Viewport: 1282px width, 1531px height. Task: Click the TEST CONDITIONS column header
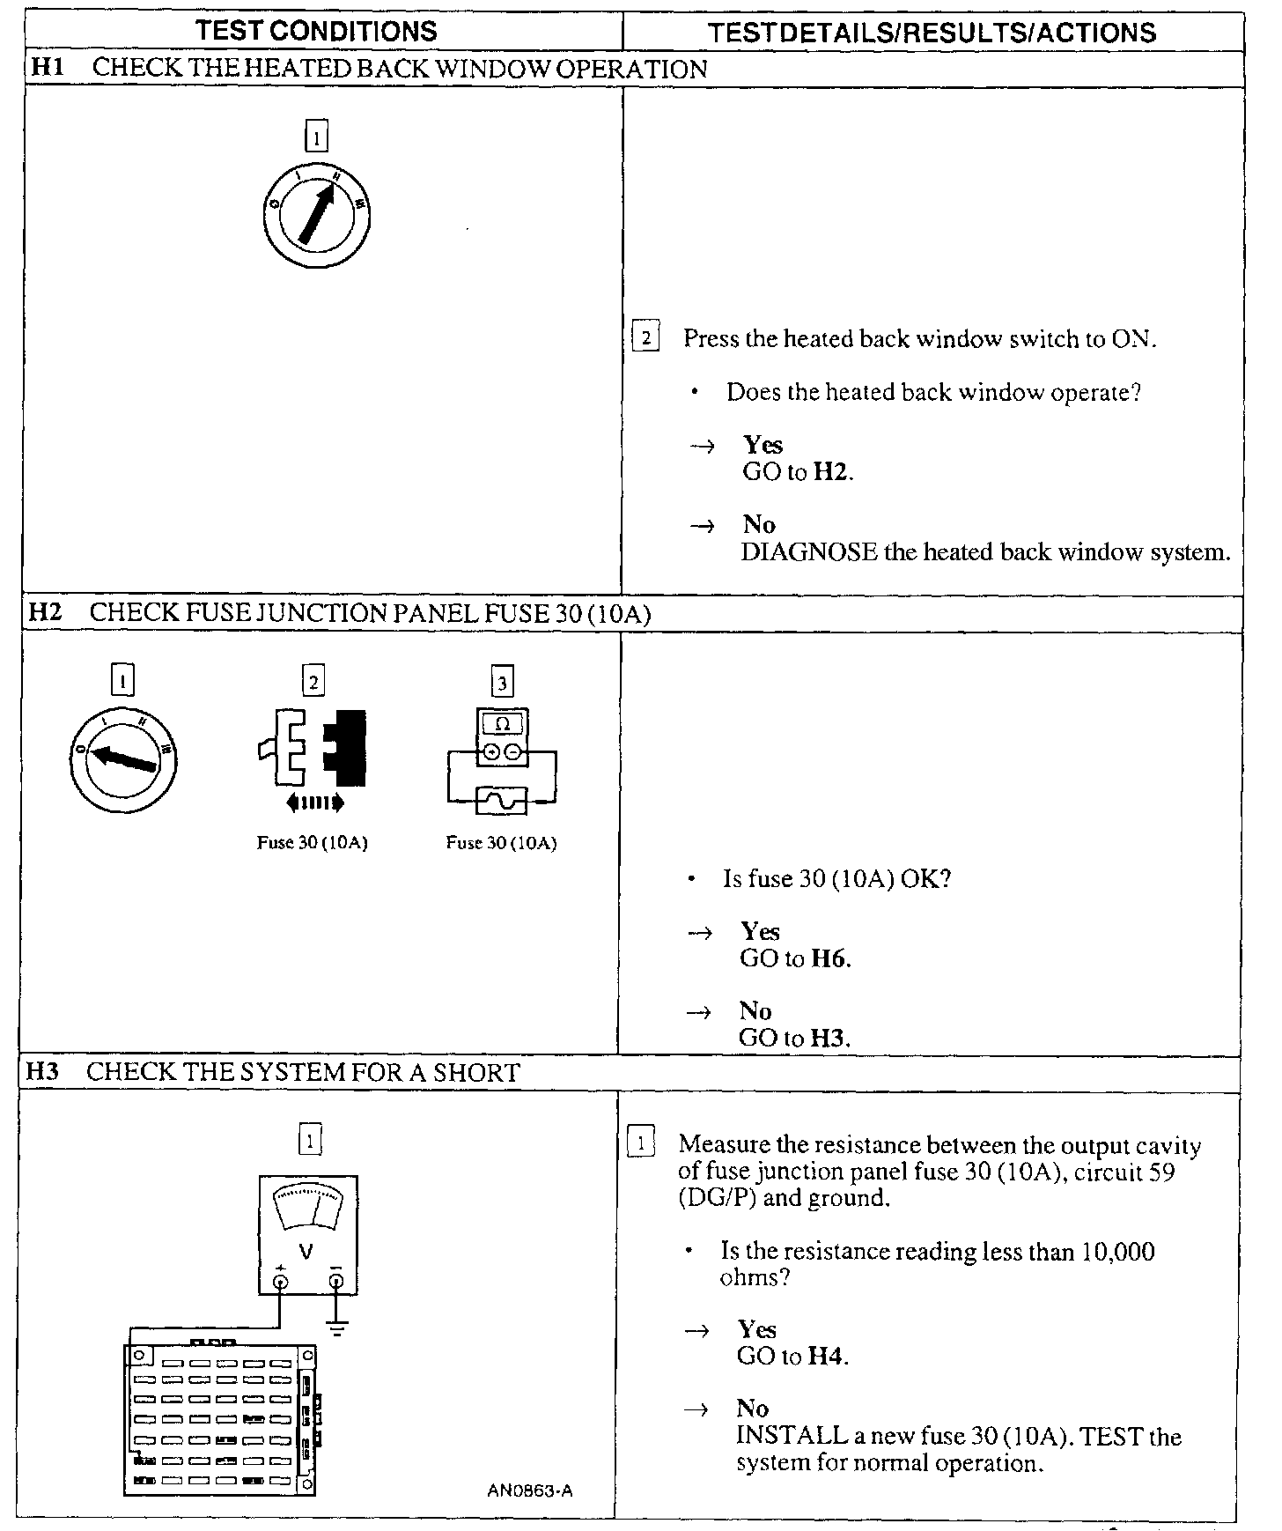tap(317, 31)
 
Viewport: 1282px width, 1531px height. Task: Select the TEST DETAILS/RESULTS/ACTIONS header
tap(932, 33)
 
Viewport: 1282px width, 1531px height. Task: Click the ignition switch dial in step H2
tap(123, 758)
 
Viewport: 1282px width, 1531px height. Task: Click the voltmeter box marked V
tap(307, 1234)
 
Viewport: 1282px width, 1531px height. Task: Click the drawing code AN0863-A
tap(530, 1490)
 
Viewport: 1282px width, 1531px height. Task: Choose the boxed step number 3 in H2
tap(502, 682)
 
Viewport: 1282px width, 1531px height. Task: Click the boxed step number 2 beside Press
tap(646, 338)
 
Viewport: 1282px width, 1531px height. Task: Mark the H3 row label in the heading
tap(42, 1072)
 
